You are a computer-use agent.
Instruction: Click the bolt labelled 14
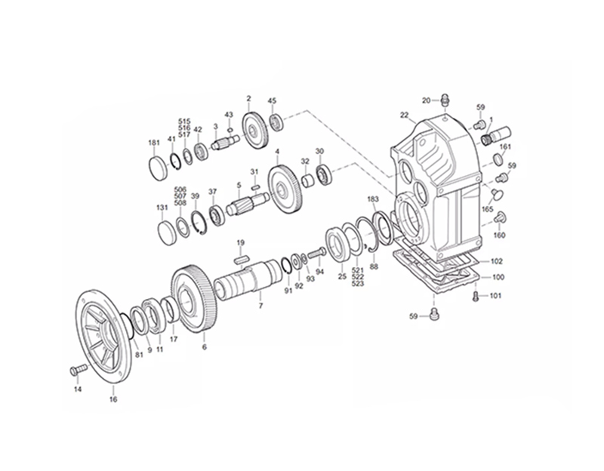(74, 371)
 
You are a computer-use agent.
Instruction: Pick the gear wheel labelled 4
(285, 193)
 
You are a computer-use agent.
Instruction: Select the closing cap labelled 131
(166, 230)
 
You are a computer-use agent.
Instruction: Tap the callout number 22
(404, 115)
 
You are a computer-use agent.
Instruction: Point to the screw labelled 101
(476, 297)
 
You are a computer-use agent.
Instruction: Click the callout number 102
(496, 261)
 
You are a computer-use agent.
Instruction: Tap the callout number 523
(358, 284)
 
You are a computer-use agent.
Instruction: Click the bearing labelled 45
(276, 121)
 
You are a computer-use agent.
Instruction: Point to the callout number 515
(184, 121)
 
